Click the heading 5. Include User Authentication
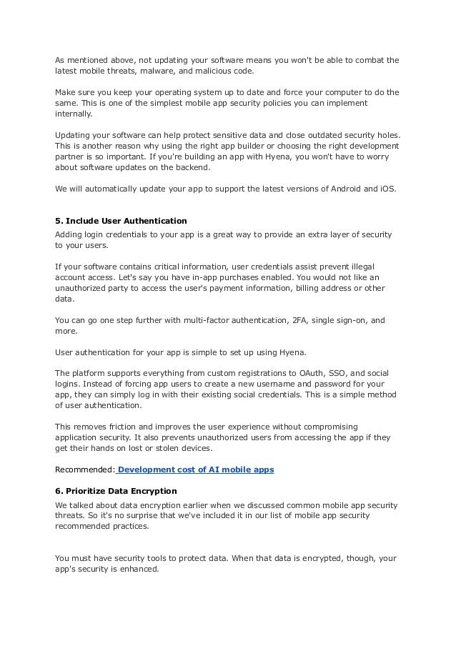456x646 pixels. (x=121, y=220)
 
